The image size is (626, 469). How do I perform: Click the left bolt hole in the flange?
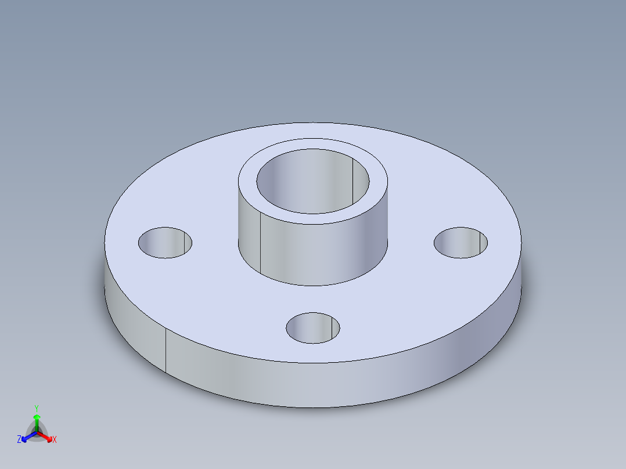click(165, 243)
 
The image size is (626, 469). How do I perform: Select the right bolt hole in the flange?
click(460, 243)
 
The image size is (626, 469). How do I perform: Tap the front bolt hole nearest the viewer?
click(312, 327)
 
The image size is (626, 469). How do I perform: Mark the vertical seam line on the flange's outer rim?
click(166, 351)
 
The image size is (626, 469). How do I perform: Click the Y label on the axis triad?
click(36, 408)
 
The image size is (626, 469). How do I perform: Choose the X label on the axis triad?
click(55, 440)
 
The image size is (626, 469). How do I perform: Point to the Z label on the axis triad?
click(19, 440)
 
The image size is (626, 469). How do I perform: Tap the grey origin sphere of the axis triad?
click(37, 431)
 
